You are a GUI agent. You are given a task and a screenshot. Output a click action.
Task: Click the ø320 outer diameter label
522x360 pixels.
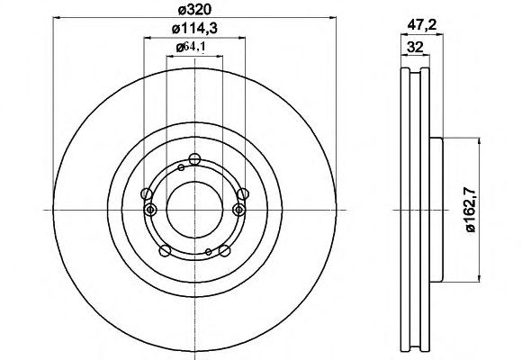194,10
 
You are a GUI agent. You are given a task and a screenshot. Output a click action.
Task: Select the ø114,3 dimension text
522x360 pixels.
194,29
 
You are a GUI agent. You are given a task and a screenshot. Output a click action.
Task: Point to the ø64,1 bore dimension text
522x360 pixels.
191,48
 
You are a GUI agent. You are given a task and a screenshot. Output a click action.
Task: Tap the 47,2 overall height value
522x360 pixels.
422,25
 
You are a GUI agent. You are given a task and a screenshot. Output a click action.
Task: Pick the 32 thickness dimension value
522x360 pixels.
415,47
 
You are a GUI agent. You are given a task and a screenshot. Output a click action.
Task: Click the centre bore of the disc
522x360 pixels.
194,210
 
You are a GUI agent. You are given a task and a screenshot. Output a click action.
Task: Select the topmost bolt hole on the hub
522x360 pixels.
194,159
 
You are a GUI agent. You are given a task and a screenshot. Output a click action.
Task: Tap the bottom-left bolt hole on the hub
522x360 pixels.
165,250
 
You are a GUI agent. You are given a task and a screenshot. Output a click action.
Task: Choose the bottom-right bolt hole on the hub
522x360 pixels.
225,250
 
